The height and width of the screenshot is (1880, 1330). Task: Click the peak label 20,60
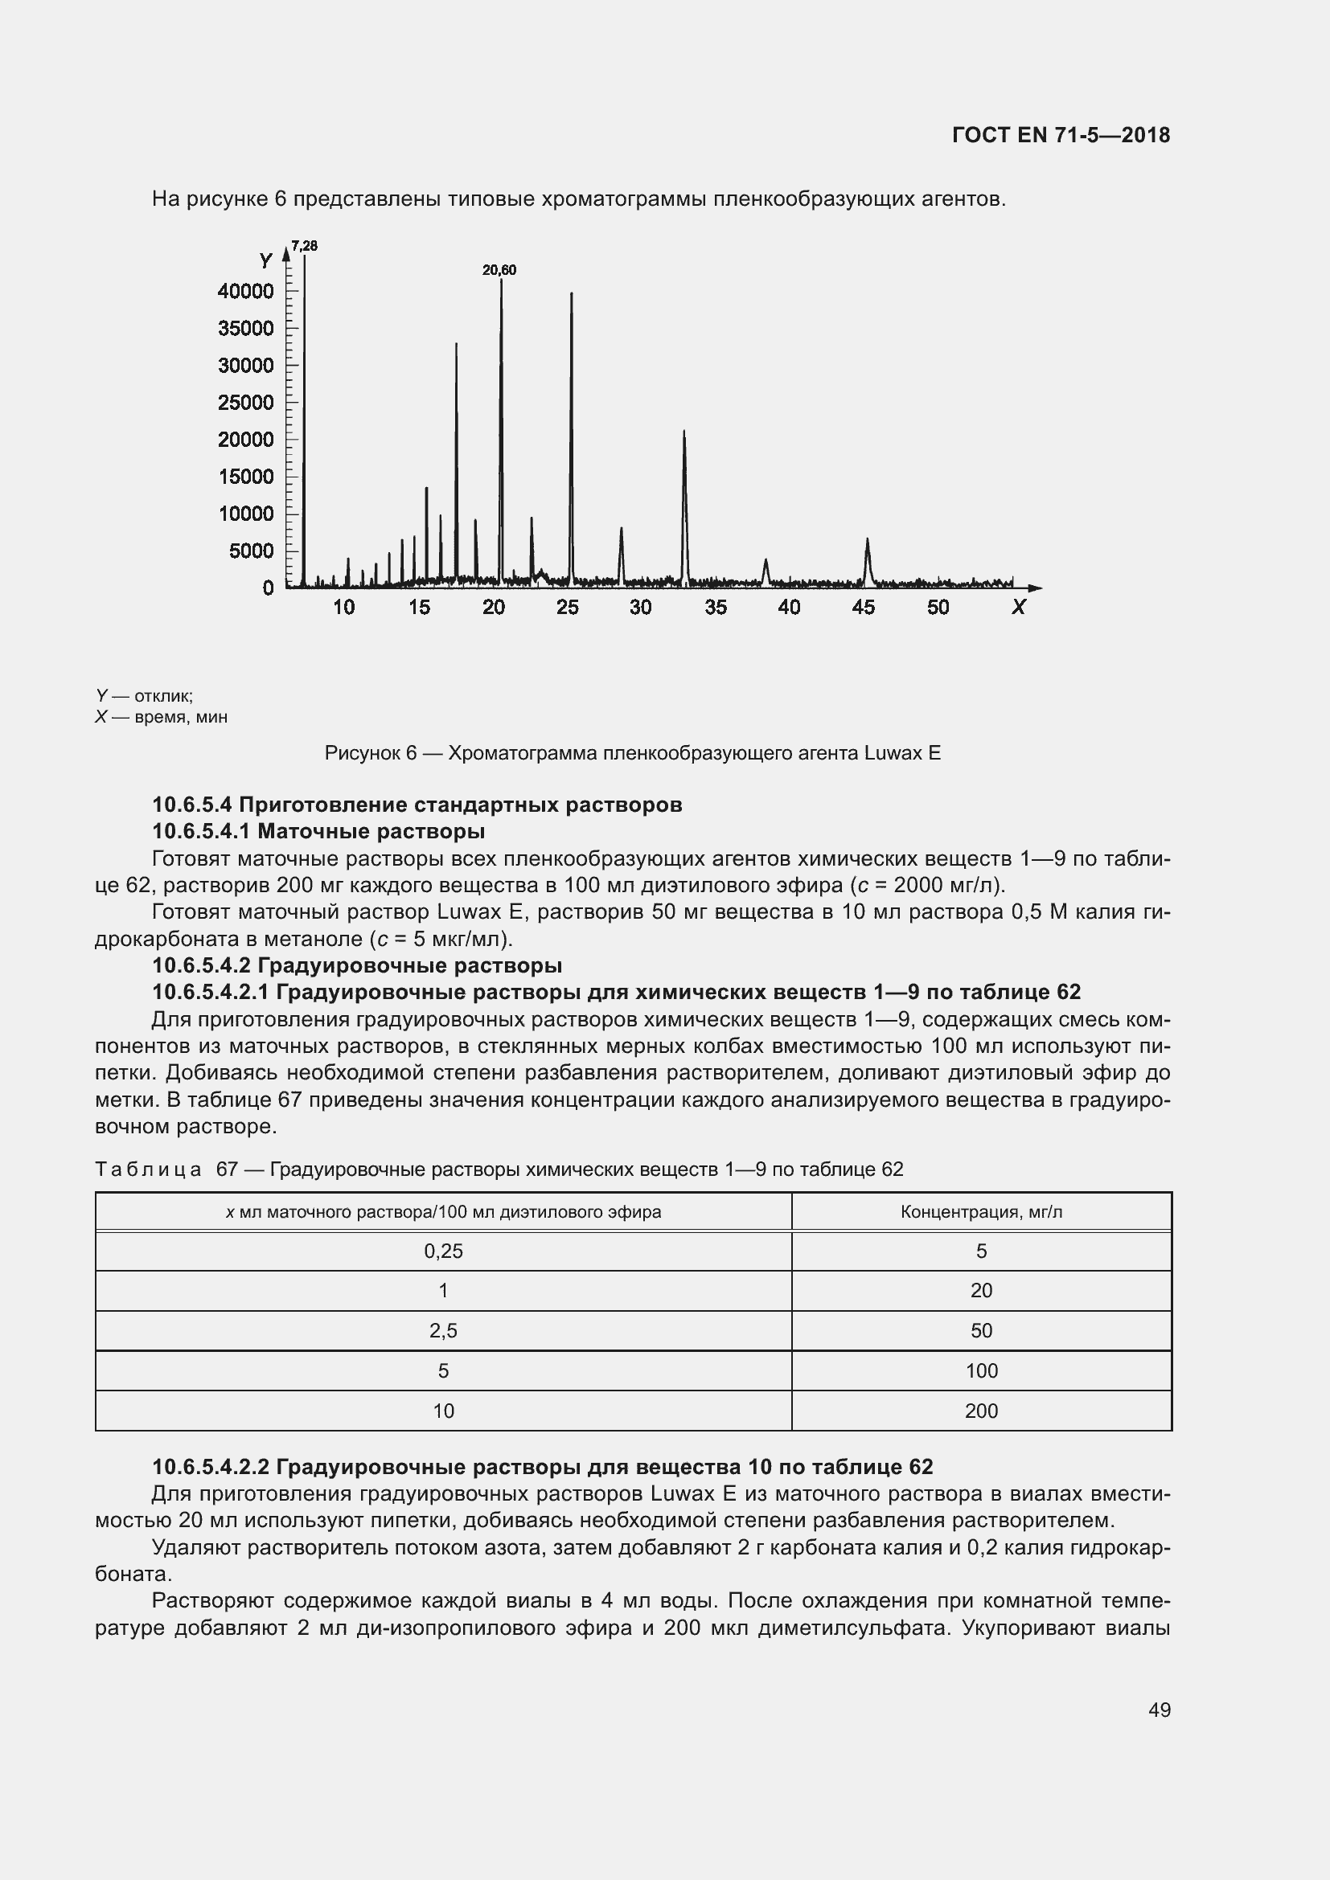499,270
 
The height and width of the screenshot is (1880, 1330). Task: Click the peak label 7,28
305,246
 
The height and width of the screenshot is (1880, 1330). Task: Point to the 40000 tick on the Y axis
246,292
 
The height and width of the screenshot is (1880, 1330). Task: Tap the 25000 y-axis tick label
246,403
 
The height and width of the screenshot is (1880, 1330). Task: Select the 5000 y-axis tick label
252,551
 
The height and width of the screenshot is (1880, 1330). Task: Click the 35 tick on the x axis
715,608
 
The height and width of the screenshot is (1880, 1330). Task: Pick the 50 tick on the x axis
938,608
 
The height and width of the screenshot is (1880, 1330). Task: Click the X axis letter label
1018,608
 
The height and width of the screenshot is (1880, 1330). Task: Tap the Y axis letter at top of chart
265,261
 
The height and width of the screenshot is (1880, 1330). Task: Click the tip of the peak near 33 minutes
683,432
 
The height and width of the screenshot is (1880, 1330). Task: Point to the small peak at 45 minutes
868,540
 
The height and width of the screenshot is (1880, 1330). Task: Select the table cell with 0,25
443,1251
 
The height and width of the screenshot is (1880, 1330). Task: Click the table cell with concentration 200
981,1411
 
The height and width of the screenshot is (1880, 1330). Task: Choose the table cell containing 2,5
443,1330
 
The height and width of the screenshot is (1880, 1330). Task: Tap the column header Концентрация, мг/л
981,1212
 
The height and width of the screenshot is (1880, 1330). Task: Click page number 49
1159,1710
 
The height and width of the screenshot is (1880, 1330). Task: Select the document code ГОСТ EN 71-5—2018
1061,135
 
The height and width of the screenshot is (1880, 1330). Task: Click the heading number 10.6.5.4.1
202,832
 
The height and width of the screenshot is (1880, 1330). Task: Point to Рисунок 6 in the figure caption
370,753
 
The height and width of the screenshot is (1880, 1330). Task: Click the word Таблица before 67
148,1169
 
